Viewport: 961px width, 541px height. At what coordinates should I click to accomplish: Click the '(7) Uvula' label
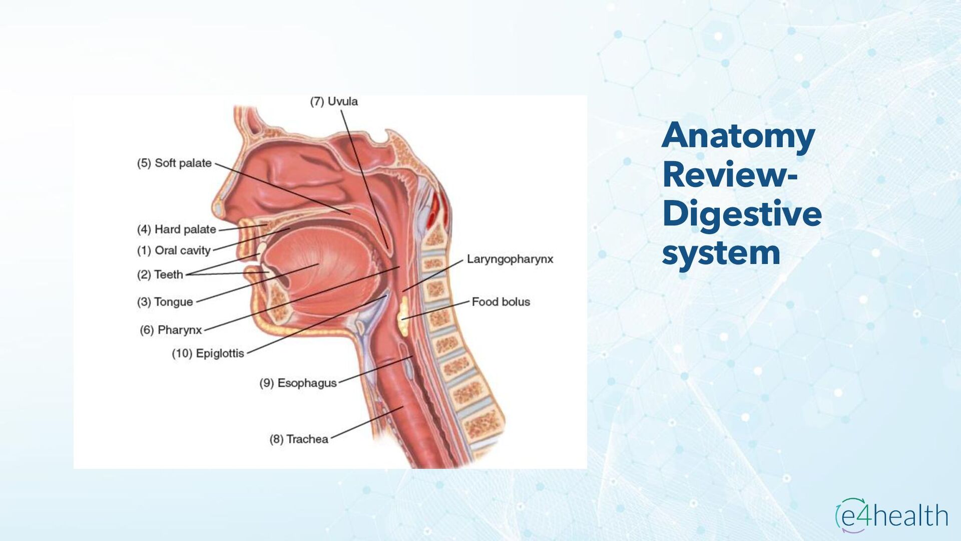[x=334, y=102]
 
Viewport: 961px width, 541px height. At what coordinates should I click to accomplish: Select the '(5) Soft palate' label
[x=174, y=163]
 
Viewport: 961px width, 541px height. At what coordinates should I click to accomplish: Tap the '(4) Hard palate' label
[x=176, y=229]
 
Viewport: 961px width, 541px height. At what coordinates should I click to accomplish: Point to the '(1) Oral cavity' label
[x=174, y=250]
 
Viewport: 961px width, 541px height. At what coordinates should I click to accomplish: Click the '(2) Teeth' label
[x=160, y=275]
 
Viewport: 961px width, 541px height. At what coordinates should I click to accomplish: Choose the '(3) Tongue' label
[x=165, y=302]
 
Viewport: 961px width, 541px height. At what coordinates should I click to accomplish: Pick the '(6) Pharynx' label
[x=171, y=330]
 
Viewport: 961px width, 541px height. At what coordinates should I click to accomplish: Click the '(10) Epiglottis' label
[x=208, y=354]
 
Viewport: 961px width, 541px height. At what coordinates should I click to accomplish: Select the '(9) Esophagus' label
[x=298, y=383]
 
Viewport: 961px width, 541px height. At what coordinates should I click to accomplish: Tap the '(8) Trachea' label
[x=299, y=439]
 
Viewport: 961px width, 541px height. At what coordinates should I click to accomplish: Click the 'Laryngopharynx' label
[x=510, y=259]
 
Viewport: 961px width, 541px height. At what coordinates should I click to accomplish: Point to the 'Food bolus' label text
[x=501, y=302]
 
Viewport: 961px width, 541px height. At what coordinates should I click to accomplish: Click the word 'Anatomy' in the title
[x=738, y=136]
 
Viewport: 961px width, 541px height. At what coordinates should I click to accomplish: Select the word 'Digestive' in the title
[x=742, y=214]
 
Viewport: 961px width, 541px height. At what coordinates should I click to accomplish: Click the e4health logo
[x=891, y=515]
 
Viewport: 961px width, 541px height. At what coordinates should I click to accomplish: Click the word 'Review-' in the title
[x=730, y=175]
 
